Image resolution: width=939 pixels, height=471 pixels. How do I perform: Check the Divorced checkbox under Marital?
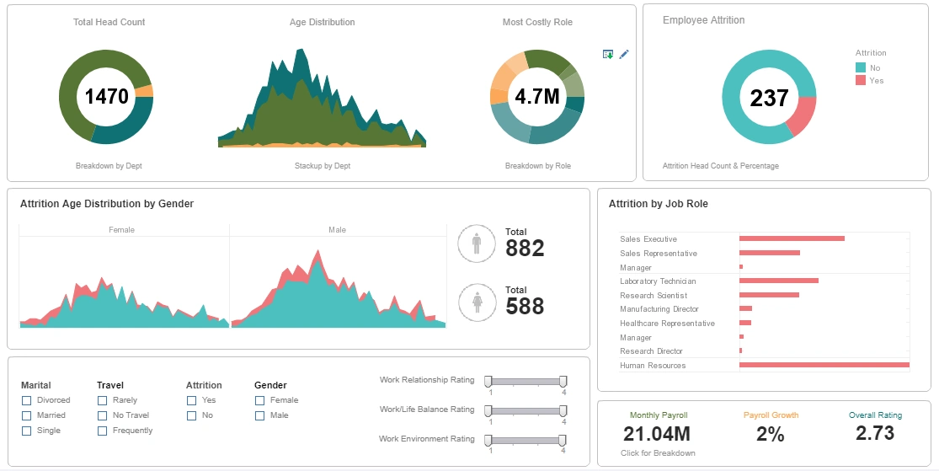27,400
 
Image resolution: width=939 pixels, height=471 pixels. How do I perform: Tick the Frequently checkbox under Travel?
102,431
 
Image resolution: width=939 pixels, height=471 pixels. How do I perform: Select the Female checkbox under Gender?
259,400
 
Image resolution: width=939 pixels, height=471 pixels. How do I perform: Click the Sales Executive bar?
792,238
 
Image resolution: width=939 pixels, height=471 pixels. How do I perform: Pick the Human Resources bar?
824,365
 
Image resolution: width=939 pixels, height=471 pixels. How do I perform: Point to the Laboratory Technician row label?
659,281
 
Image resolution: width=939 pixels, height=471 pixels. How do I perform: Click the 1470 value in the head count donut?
106,96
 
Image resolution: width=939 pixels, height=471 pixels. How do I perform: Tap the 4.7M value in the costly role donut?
537,96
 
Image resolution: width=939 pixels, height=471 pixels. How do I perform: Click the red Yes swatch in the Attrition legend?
861,81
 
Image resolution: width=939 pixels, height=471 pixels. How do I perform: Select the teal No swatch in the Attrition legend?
861,67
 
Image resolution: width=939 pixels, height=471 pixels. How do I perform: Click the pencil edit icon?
624,54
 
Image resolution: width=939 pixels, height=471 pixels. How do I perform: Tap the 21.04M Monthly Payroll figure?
657,434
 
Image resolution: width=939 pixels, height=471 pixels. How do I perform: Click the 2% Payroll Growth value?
771,434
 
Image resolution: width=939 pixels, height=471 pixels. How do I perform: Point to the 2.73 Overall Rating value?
875,433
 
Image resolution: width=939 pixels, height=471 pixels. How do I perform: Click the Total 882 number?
525,249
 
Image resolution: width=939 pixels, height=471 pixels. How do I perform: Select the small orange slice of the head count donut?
144,91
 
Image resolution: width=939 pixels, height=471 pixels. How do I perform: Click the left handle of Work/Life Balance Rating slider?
490,410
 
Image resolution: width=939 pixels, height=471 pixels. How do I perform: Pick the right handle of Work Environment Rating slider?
563,440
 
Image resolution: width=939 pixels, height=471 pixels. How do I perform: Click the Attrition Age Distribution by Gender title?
106,204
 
